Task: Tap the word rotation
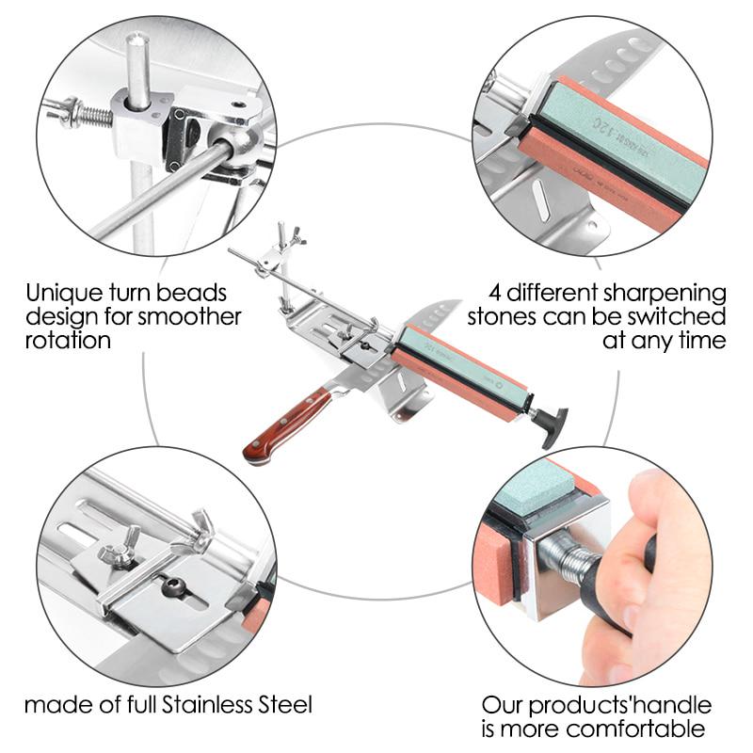68,340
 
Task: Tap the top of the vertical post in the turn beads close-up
137,43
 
